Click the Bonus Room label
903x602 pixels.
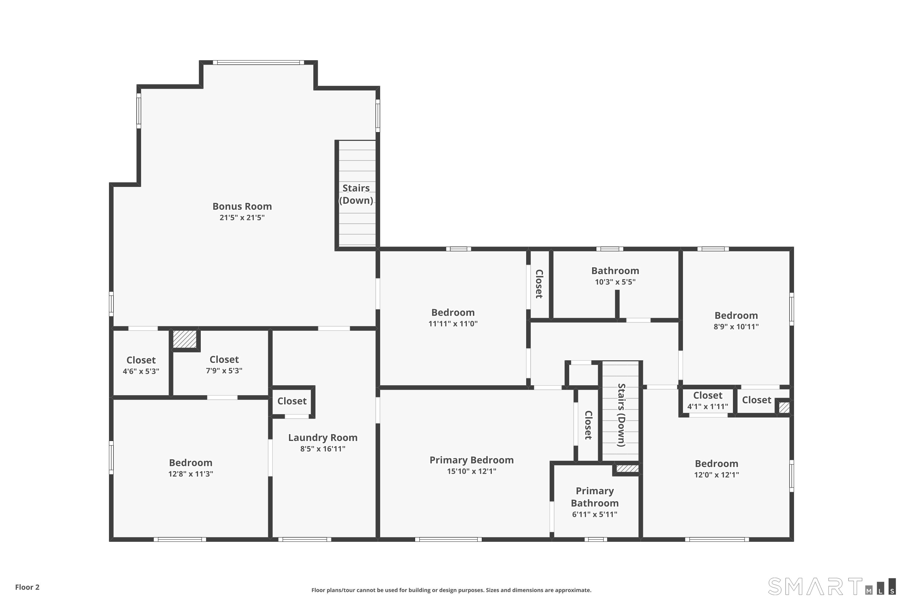pos(242,206)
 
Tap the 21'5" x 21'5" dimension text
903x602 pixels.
pos(242,218)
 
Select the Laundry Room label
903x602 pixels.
pos(322,437)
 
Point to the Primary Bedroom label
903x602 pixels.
pos(471,460)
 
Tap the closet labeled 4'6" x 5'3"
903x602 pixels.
pos(141,365)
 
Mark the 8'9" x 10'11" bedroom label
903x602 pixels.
pos(736,315)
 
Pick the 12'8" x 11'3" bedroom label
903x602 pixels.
pos(191,463)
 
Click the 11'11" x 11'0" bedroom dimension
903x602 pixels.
pos(453,324)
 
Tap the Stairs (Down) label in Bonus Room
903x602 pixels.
pos(356,194)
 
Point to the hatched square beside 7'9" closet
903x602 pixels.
pos(185,339)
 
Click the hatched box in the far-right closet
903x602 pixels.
pos(784,407)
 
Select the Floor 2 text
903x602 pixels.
pos(27,587)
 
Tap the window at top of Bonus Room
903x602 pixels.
pos(258,63)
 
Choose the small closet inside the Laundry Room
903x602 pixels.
pos(292,401)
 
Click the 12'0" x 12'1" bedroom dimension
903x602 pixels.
pos(716,475)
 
